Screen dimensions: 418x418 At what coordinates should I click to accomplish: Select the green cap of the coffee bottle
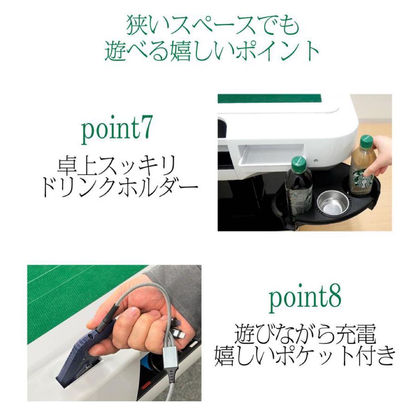click(x=366, y=141)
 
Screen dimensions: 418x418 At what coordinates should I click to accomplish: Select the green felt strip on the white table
click(x=269, y=99)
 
